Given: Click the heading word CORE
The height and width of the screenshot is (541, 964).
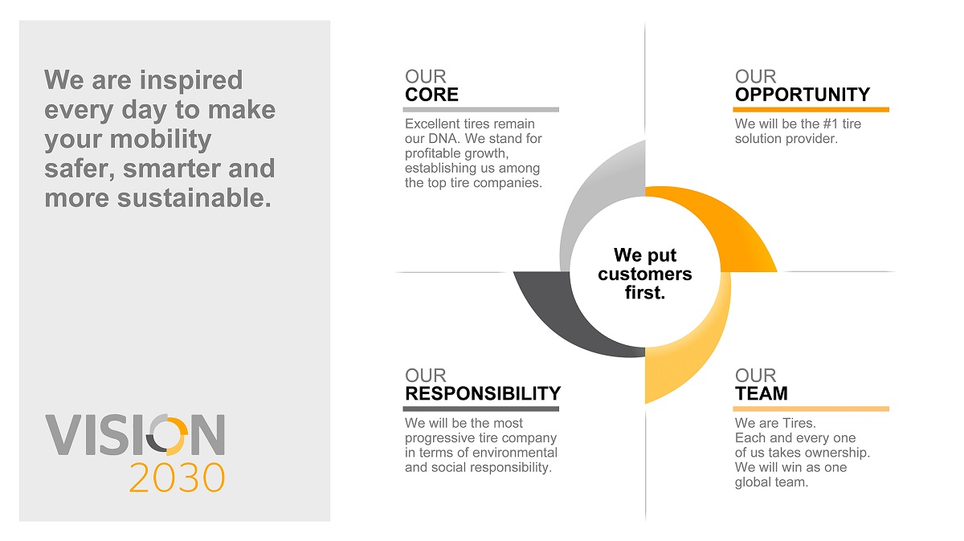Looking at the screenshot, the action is [x=431, y=95].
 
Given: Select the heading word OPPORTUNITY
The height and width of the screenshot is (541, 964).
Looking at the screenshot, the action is [x=803, y=95].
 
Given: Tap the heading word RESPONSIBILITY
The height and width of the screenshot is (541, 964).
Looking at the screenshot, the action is [x=483, y=393].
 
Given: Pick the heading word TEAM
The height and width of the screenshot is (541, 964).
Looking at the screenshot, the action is [x=762, y=393].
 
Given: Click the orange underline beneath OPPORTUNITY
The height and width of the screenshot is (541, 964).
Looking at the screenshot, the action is [x=811, y=110].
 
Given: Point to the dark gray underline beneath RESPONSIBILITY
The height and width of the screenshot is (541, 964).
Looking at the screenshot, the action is [x=480, y=409].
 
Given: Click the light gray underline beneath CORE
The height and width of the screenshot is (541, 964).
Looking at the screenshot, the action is [x=480, y=110].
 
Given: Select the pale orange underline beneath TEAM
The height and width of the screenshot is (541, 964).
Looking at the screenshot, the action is [x=811, y=409].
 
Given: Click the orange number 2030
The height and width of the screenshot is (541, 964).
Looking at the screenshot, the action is [x=177, y=478].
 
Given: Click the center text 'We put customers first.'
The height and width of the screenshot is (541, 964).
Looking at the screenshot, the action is [x=644, y=274].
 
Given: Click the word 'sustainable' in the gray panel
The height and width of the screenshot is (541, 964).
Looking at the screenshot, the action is [x=194, y=198].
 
